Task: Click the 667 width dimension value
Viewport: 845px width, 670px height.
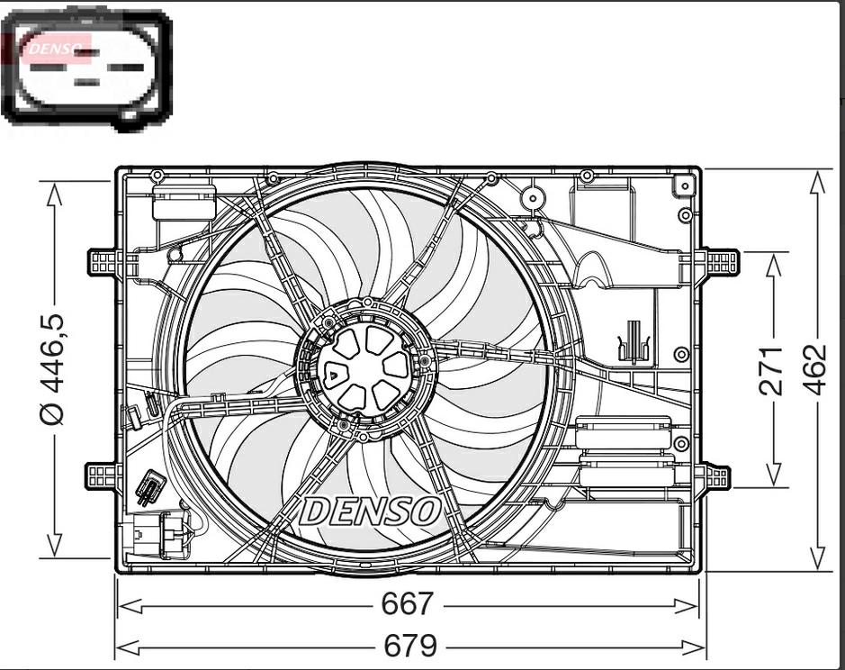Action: tap(407, 603)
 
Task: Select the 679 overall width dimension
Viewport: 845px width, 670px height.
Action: tap(409, 645)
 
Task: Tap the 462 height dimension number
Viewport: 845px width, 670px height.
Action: tap(817, 369)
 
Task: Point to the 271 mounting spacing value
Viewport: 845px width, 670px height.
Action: tap(772, 370)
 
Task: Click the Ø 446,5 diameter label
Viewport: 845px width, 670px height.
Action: tap(53, 368)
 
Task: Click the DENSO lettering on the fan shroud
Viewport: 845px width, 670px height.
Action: tap(370, 511)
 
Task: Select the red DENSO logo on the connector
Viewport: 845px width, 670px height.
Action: tap(56, 49)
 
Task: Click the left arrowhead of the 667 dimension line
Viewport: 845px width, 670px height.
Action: tap(130, 606)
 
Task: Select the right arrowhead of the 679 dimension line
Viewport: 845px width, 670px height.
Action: tap(693, 647)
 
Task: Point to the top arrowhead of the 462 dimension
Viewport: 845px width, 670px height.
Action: tap(818, 182)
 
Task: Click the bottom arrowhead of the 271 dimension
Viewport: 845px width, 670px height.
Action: tap(773, 474)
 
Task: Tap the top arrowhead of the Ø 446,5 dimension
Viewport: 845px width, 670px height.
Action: tap(54, 194)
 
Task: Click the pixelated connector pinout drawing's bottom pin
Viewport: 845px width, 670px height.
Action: tap(86, 83)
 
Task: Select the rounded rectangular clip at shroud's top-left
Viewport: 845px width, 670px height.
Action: tap(184, 202)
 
